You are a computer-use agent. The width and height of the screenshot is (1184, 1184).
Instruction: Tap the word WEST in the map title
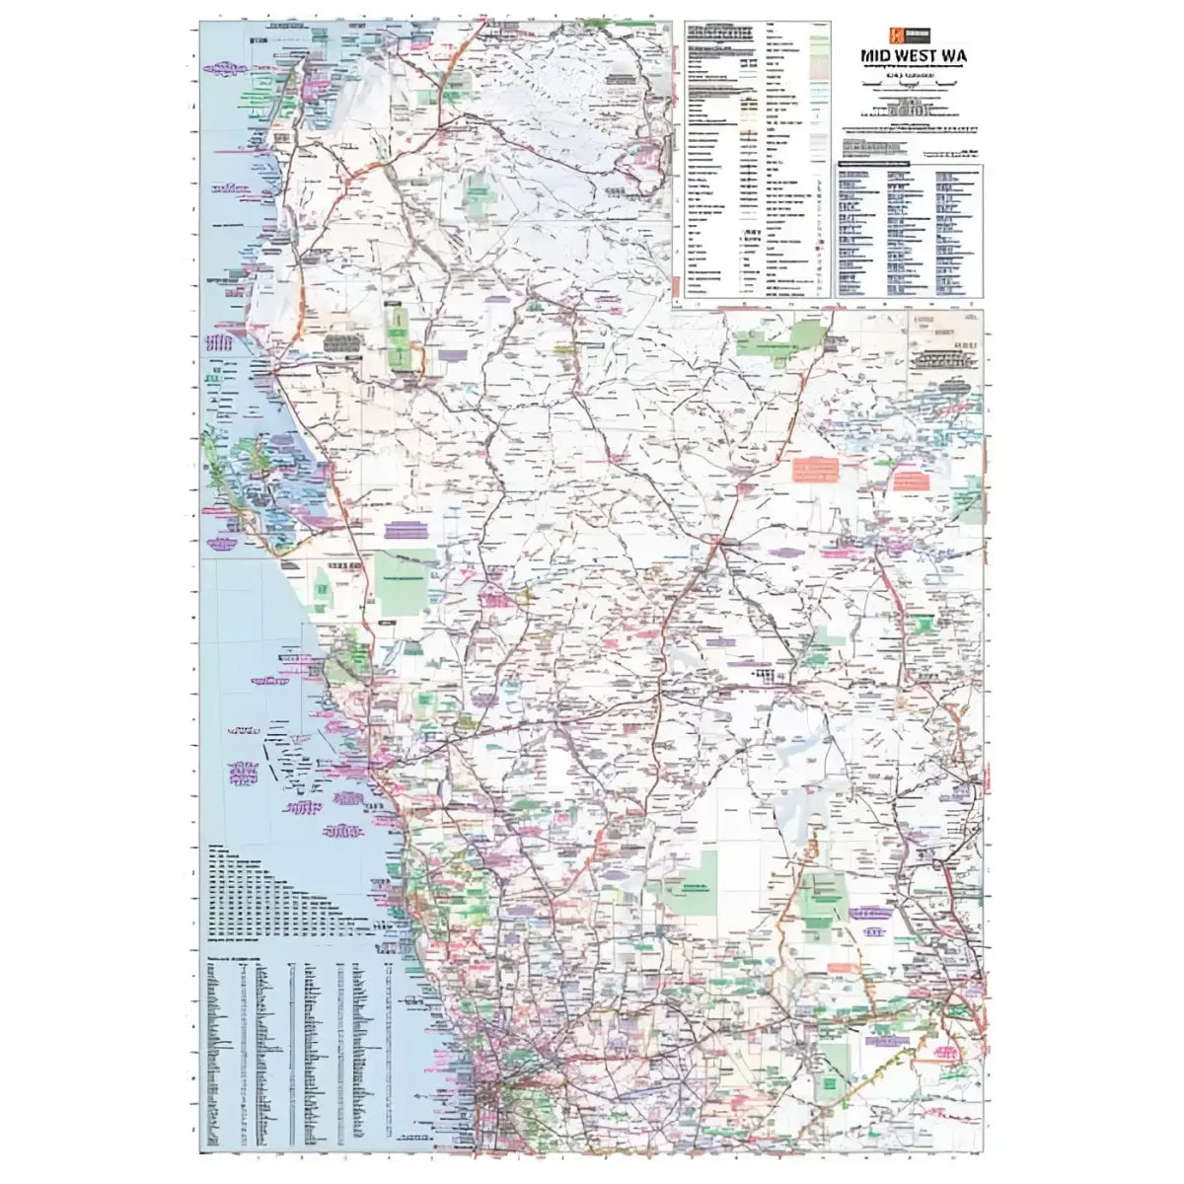point(919,55)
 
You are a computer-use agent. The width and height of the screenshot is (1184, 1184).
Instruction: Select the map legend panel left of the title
point(752,158)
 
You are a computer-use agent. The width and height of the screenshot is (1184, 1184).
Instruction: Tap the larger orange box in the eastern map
point(815,470)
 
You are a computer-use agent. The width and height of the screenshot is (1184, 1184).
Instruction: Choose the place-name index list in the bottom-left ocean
point(296,1046)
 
